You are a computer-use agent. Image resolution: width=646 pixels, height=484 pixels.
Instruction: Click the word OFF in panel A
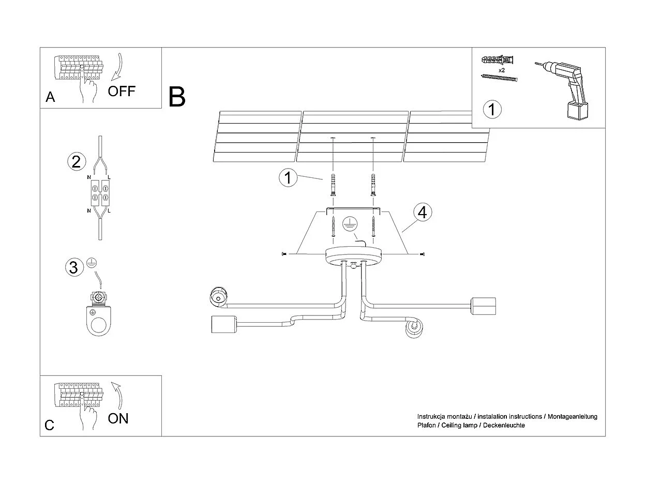point(121,92)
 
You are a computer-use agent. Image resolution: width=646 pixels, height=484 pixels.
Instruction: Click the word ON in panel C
point(118,418)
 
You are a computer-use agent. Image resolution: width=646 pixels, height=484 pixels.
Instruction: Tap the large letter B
point(177,97)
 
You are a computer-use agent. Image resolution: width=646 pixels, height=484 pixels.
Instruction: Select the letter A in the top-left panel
point(50,97)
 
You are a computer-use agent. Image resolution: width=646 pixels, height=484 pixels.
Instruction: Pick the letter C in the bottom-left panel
point(50,425)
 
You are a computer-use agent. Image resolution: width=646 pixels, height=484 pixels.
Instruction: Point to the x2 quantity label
point(501,70)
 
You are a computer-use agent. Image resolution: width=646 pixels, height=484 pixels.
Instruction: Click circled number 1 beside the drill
point(492,110)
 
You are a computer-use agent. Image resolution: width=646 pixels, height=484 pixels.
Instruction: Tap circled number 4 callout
point(423,212)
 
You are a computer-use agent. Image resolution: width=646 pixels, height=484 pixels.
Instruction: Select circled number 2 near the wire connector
point(76,162)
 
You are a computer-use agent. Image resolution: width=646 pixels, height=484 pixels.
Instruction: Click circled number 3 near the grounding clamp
point(73,267)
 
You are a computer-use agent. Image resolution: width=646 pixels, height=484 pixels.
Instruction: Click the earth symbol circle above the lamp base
point(350,224)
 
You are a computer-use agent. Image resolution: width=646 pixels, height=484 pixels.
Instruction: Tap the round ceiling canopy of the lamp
point(353,255)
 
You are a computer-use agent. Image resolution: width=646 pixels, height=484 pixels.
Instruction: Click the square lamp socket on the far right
point(483,307)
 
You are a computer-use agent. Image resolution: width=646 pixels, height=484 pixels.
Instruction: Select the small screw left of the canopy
point(284,254)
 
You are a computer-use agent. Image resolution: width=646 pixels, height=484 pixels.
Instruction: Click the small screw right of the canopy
point(423,254)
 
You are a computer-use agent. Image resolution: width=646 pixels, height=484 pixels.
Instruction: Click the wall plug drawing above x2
point(499,59)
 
